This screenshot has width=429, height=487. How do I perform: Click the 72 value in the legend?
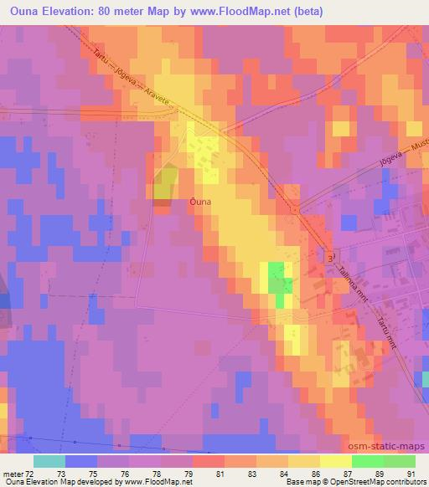[30, 474]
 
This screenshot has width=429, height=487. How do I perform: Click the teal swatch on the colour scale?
[49, 461]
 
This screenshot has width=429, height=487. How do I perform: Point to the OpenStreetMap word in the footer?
[355, 482]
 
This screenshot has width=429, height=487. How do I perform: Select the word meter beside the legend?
[13, 474]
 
